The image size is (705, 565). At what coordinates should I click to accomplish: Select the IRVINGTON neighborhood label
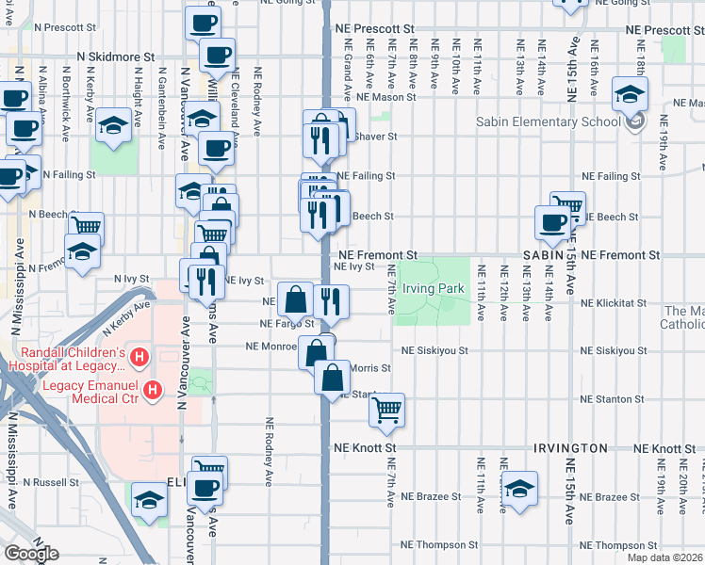point(569,447)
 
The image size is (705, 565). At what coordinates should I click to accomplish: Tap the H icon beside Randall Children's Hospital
point(139,357)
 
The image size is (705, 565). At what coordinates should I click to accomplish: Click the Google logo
point(31,554)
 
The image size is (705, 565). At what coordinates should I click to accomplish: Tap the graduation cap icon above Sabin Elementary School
point(629,94)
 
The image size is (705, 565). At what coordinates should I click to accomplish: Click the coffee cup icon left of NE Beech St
point(552,222)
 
